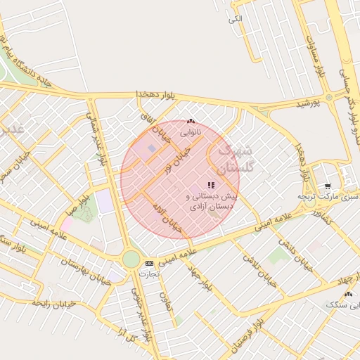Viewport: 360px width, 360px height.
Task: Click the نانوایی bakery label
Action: point(189,131)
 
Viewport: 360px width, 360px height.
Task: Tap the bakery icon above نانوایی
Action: point(190,121)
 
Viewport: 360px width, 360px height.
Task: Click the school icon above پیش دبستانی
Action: point(211,185)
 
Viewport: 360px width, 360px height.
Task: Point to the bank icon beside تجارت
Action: point(148,263)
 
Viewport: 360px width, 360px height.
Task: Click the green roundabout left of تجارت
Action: point(131,259)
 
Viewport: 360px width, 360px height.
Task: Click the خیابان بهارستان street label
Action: point(77,268)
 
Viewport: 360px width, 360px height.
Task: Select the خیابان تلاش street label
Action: point(261,269)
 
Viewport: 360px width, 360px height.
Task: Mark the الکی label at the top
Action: point(236,18)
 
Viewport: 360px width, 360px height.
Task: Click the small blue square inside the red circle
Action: point(152,149)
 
